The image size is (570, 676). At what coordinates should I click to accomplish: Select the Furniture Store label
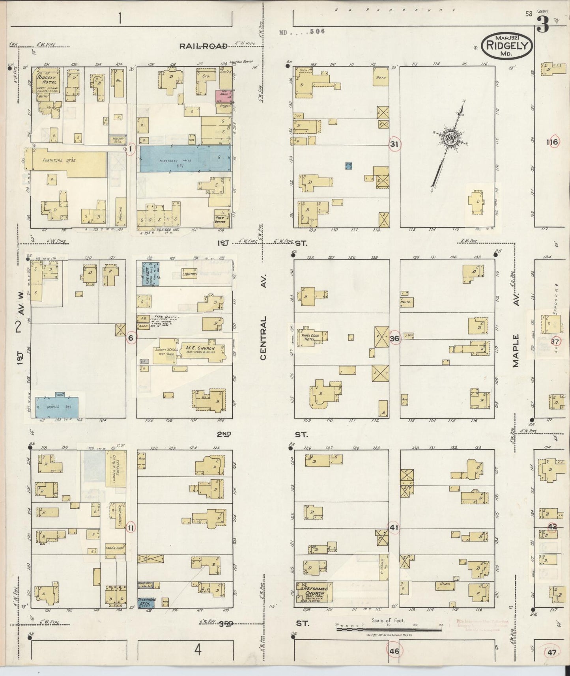coord(60,161)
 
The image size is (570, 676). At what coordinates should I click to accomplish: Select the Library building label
coord(189,275)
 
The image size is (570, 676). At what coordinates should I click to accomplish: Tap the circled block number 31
coord(394,144)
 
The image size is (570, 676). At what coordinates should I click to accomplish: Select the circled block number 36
coord(394,338)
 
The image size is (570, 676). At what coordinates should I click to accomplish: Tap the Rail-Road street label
coord(204,46)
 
